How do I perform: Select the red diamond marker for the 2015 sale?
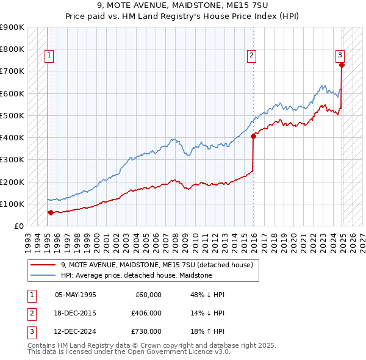[253, 136]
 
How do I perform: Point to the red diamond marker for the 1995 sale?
[50, 212]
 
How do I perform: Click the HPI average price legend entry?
[136, 276]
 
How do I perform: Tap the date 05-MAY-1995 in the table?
[76, 295]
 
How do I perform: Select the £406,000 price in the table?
[146, 314]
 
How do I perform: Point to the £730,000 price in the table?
[146, 332]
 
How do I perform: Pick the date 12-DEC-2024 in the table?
[76, 332]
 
